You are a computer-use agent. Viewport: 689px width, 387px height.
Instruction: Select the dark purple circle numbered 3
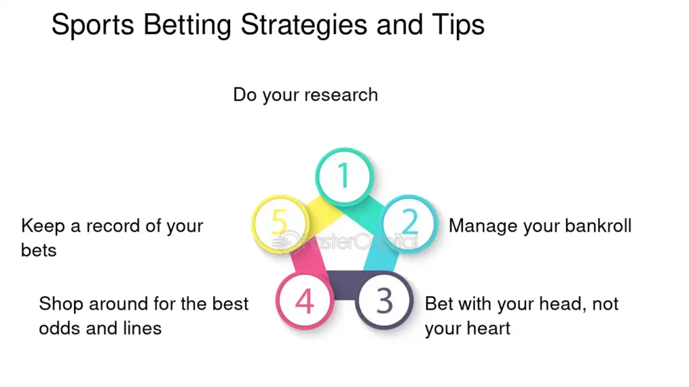tap(384, 300)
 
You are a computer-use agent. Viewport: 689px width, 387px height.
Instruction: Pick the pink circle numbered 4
tap(305, 300)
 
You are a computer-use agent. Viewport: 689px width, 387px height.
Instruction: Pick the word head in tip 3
tap(555, 304)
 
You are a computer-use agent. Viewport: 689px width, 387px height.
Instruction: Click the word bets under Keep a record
tap(38, 251)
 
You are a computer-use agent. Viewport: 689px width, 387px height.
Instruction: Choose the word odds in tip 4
tap(56, 328)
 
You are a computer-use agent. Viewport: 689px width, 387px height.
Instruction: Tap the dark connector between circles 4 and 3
tap(344, 285)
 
